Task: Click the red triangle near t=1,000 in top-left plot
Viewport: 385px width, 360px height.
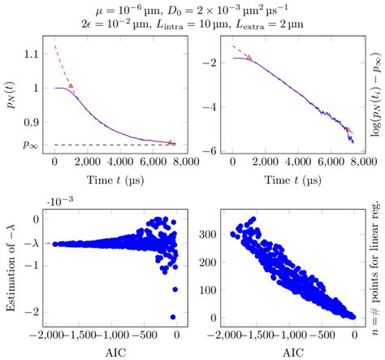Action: click(71, 85)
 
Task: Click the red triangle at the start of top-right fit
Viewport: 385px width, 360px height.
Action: click(249, 58)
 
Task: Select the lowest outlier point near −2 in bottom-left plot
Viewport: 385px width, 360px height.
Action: click(173, 317)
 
